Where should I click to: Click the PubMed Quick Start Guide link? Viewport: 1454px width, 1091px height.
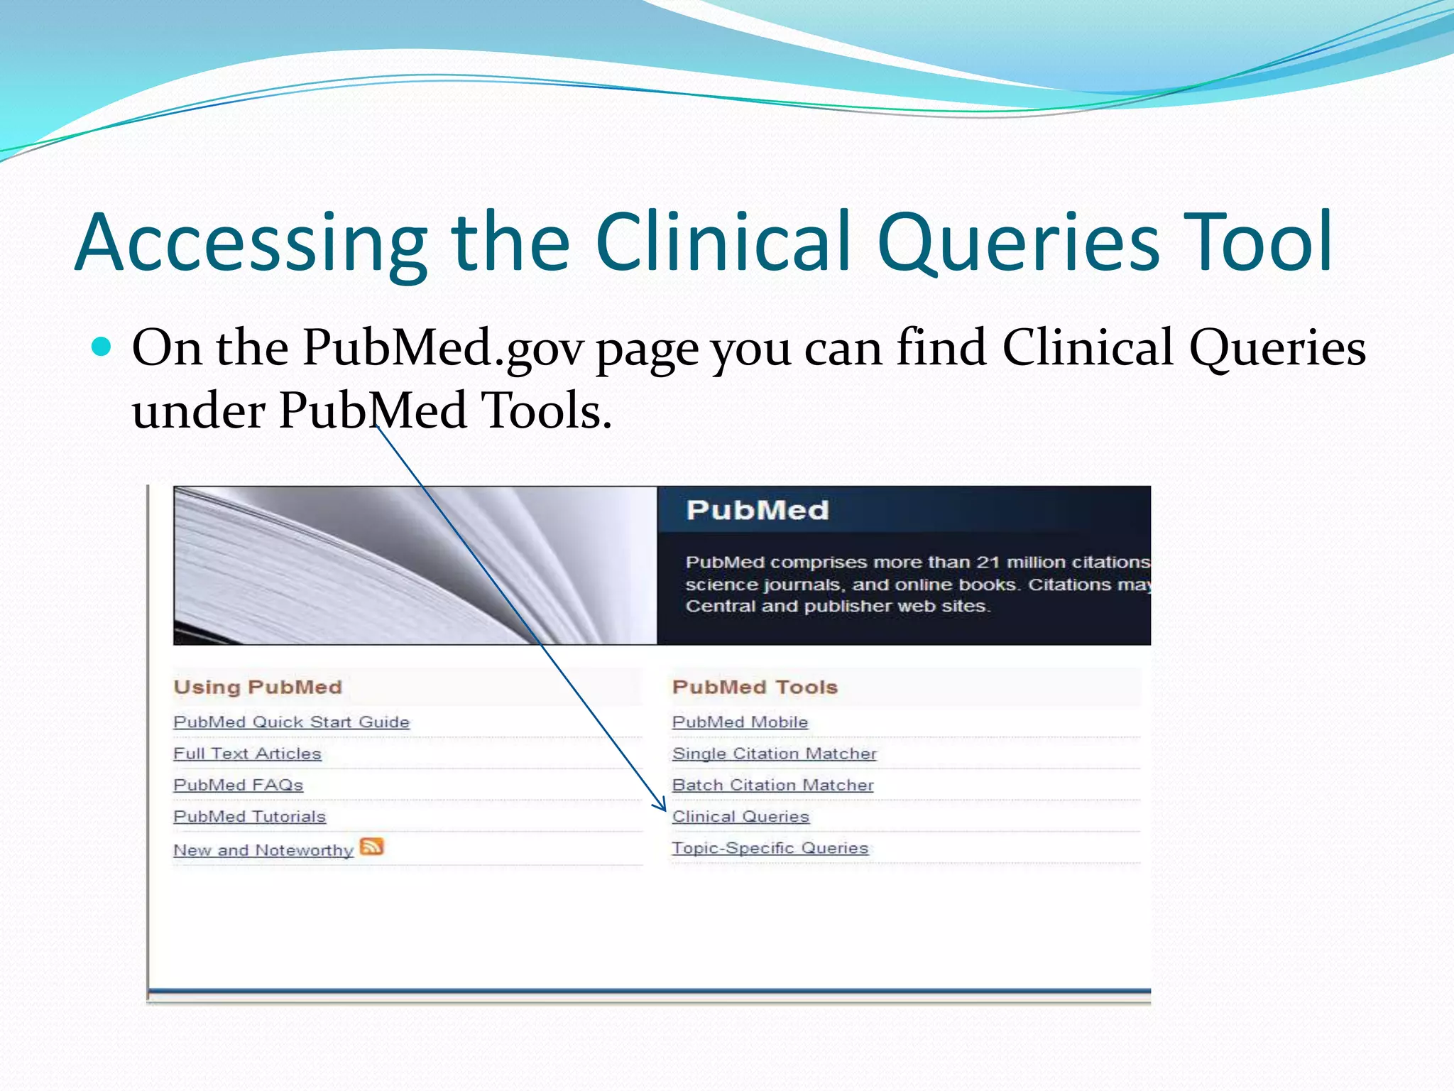click(x=291, y=722)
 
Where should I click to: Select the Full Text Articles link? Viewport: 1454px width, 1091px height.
click(x=247, y=754)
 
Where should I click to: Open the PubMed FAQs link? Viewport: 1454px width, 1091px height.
click(x=238, y=785)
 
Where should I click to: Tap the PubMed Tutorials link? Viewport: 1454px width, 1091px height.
click(x=249, y=817)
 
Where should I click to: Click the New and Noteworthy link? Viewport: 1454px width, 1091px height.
click(x=263, y=850)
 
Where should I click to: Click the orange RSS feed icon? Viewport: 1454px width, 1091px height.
click(x=371, y=847)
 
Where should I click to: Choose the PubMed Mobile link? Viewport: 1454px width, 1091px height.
click(x=740, y=722)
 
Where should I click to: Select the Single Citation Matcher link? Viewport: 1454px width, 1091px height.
click(x=774, y=754)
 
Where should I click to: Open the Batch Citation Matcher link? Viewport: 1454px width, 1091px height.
click(x=772, y=785)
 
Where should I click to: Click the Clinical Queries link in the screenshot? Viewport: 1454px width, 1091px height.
click(x=740, y=817)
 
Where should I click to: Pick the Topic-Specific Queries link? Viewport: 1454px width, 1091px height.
click(x=770, y=848)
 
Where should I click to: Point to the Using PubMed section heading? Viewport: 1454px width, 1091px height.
click(x=258, y=687)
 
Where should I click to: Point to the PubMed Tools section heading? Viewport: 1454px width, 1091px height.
click(x=755, y=687)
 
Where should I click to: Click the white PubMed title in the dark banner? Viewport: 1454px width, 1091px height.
click(x=757, y=510)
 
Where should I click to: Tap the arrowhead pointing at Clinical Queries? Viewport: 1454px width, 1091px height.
click(x=662, y=806)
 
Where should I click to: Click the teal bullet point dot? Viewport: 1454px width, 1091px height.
click(x=102, y=347)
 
